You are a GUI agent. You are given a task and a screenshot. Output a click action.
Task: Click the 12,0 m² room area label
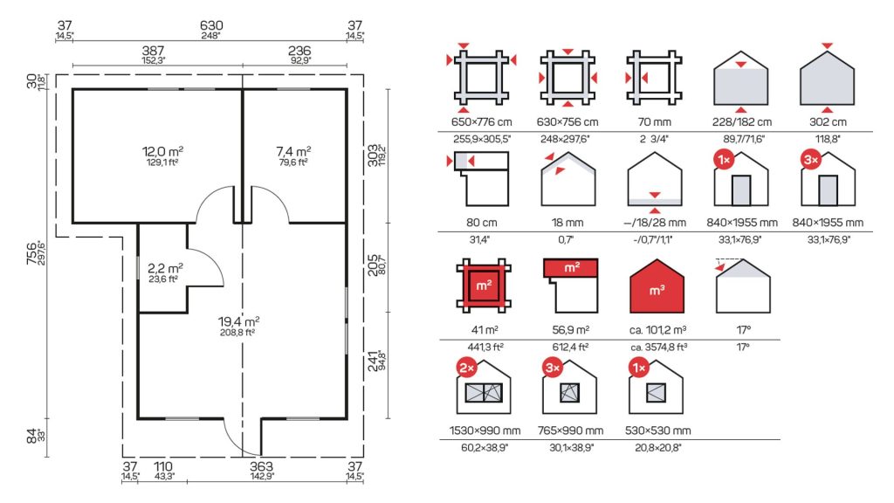pos(162,152)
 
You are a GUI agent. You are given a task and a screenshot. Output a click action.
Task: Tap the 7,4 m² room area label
pos(293,152)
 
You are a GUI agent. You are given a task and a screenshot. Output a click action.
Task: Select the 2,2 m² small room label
pos(165,268)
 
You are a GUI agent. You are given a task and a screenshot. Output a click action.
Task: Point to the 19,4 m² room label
pos(239,321)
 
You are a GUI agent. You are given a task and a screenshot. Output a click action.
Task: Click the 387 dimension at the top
pos(153,52)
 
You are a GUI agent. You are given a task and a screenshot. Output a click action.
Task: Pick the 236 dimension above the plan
pos(299,52)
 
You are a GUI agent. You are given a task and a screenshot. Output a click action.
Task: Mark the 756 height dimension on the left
pos(32,252)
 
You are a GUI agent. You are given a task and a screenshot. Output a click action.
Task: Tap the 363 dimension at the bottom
pos(261,466)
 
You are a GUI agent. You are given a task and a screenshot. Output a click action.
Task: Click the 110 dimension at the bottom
pos(163,466)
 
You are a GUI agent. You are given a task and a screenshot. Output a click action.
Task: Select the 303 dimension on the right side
pos(373,155)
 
